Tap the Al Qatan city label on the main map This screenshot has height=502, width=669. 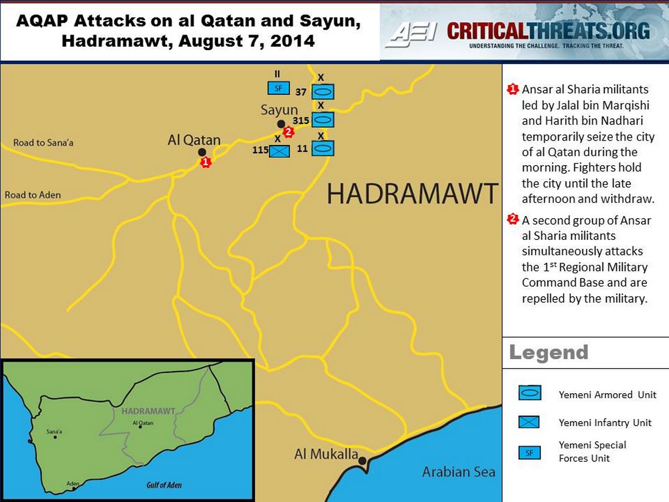click(194, 140)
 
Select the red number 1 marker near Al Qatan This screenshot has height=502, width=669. click(206, 162)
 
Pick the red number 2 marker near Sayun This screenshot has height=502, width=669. click(288, 132)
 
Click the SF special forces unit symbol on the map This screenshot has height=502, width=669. click(279, 88)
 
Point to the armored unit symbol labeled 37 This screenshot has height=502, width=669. click(322, 92)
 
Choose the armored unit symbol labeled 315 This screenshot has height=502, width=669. click(322, 119)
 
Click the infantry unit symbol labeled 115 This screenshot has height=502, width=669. click(279, 151)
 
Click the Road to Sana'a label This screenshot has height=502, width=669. click(43, 143)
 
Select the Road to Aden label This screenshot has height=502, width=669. click(33, 195)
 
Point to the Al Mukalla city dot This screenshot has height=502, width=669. click(362, 461)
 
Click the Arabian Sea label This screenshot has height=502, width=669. click(458, 472)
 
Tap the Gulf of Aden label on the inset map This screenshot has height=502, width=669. click(164, 485)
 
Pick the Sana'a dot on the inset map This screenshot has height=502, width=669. click(55, 437)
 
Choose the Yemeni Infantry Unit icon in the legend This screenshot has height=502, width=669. click(529, 422)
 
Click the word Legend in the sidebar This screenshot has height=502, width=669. click(549, 353)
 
